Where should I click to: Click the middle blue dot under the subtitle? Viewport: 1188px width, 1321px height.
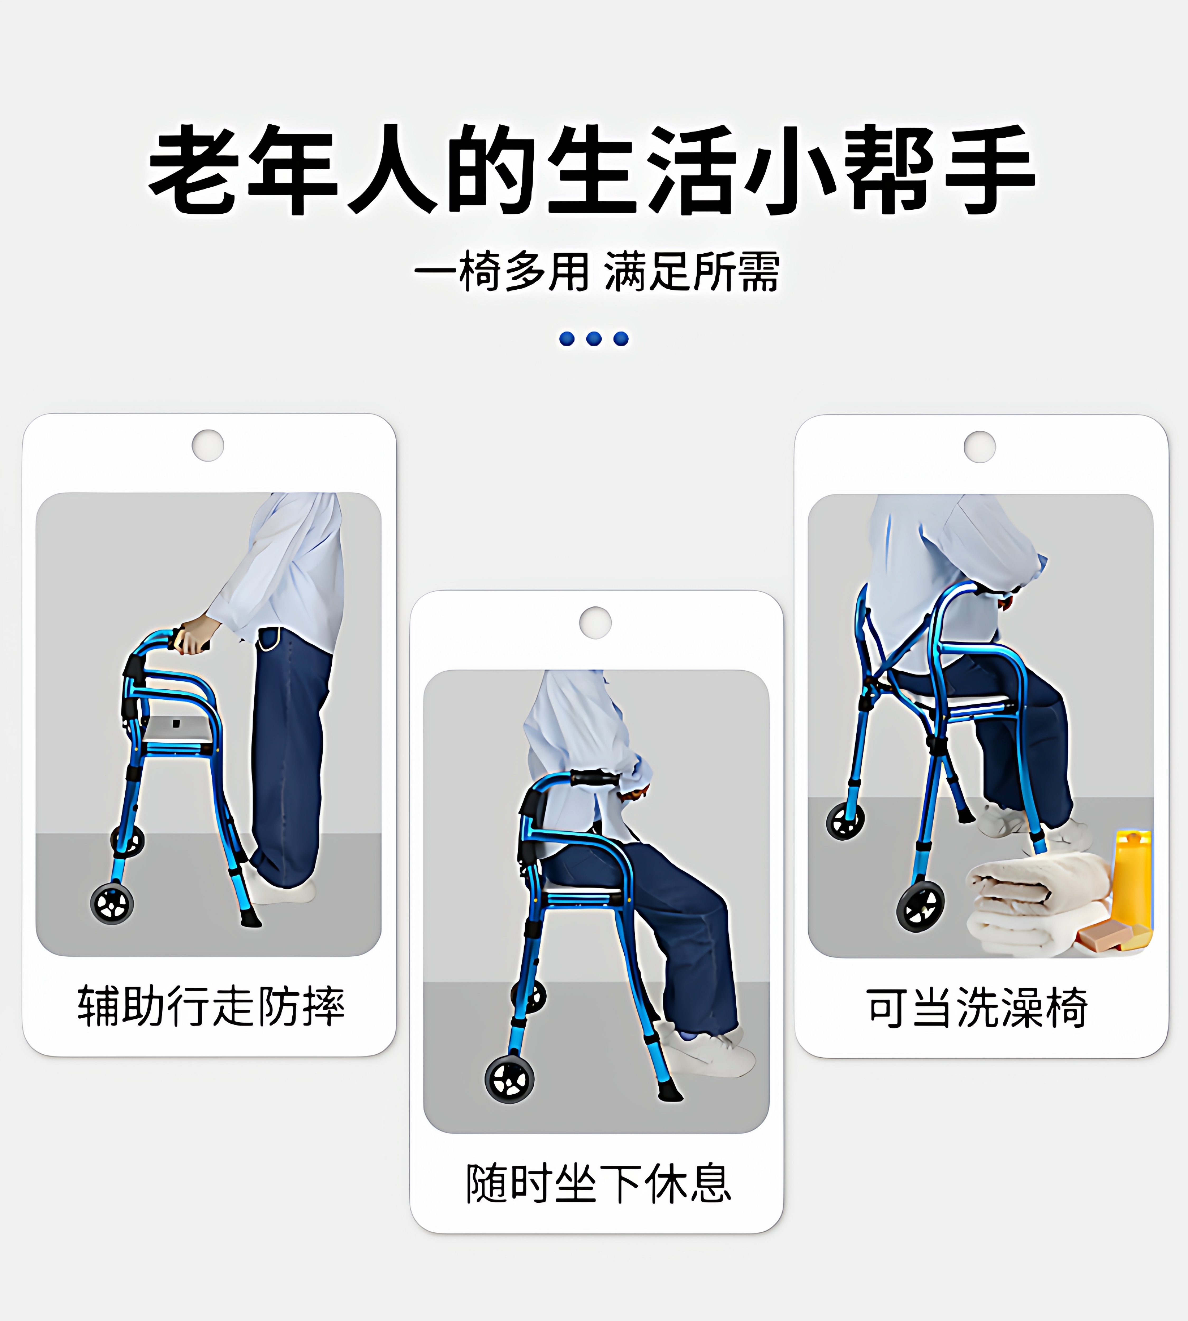coord(594,338)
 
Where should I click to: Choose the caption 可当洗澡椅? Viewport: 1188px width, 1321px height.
coord(977,1008)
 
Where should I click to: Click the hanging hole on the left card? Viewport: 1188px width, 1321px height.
coord(208,445)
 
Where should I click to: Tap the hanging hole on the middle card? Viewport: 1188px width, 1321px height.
coord(595,622)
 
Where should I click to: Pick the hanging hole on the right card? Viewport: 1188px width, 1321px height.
coord(980,447)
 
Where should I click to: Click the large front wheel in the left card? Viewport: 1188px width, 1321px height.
coord(112,904)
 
